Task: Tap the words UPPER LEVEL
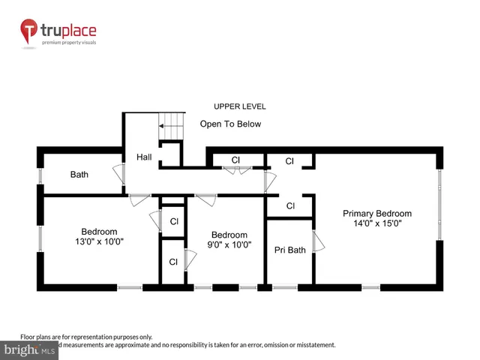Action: coord(239,106)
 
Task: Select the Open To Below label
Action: coord(230,124)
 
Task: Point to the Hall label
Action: coord(144,157)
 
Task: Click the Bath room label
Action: coord(79,175)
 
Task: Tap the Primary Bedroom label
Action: coord(377,213)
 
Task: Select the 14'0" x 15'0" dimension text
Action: coord(377,223)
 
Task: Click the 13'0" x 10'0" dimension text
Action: coord(99,241)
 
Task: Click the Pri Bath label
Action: coord(289,250)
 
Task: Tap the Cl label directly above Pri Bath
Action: coord(289,205)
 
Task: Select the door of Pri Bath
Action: coord(318,241)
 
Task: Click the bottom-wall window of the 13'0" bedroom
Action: coord(130,287)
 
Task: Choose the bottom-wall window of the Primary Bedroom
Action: coord(370,287)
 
